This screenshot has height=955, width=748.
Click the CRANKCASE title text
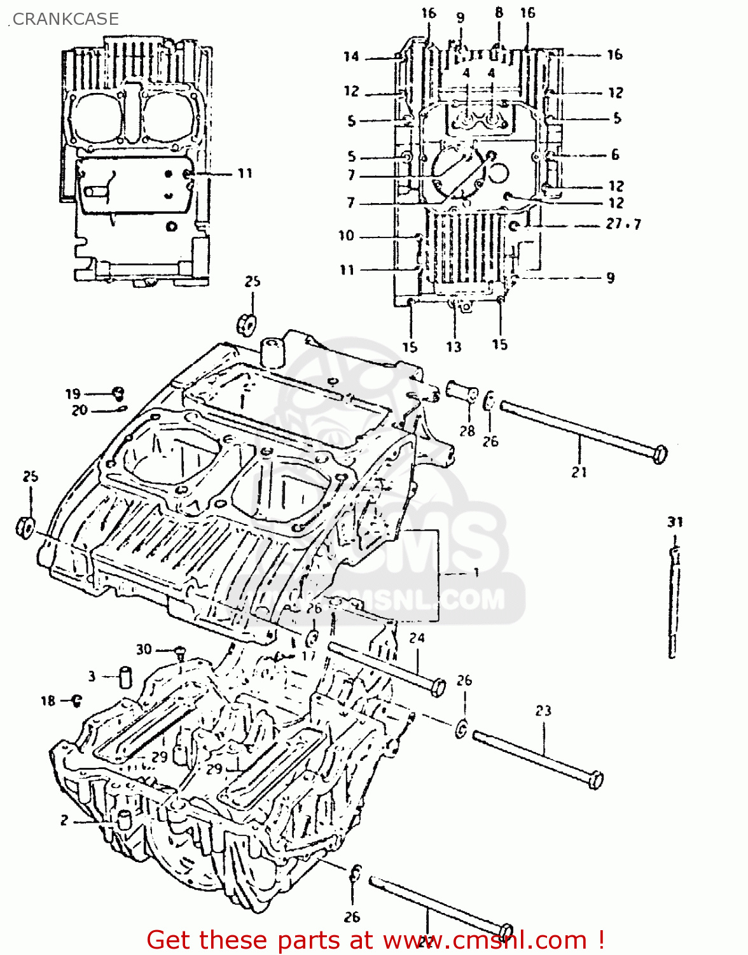[x=66, y=19]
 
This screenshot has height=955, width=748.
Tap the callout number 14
[x=351, y=57]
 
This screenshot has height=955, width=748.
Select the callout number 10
[x=346, y=236]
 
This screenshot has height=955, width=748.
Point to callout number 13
[x=453, y=347]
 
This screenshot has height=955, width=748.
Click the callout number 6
[x=615, y=155]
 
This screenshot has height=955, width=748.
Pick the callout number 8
[x=499, y=12]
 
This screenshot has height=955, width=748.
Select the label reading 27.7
[x=623, y=224]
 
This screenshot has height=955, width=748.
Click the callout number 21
[x=579, y=472]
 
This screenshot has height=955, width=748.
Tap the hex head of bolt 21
[x=660, y=454]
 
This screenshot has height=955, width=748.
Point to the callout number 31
[x=675, y=522]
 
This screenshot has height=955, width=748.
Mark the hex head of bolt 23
[x=595, y=779]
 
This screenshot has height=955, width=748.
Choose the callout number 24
[x=417, y=637]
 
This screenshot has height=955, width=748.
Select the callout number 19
[x=73, y=394]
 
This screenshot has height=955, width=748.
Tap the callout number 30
[x=144, y=649]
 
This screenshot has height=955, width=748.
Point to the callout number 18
[x=48, y=701]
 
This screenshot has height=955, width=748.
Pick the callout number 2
[x=64, y=820]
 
